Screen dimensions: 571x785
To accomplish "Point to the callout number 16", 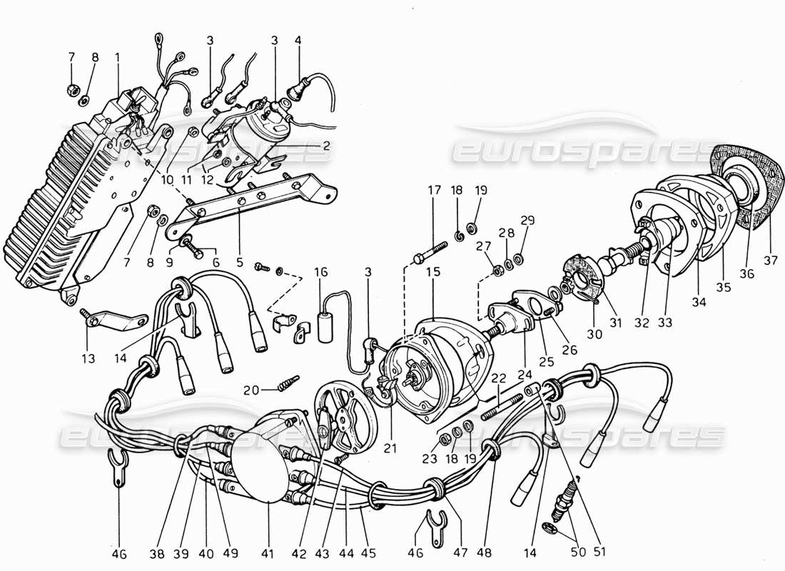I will coord(322,272).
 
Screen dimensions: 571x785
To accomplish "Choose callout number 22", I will coord(498,378).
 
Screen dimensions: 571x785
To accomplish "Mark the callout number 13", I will coord(88,359).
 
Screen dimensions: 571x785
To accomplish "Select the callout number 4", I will coord(298,41).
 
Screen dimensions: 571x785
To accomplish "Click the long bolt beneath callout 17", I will coord(427,251).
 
